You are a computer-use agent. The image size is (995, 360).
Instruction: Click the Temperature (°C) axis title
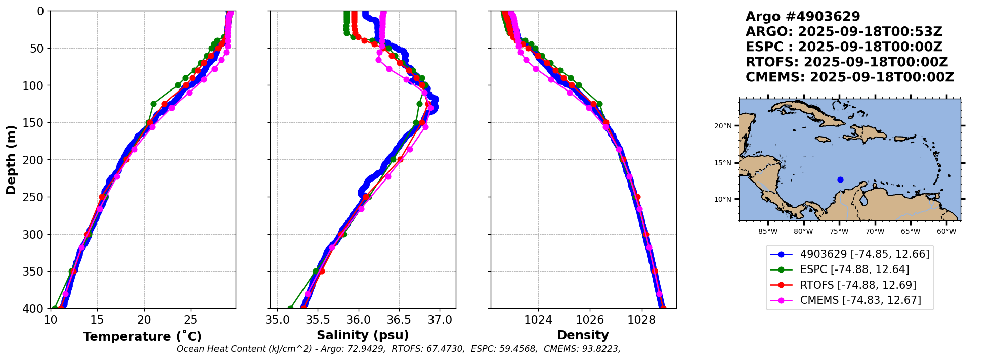point(142,336)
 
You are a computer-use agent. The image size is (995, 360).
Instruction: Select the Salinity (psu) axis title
point(362,335)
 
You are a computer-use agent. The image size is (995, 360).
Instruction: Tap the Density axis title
point(583,335)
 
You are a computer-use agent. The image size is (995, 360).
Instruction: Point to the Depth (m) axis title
point(11,160)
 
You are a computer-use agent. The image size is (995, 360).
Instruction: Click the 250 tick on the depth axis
point(37,197)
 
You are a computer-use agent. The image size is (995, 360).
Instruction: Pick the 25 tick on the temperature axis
point(190,320)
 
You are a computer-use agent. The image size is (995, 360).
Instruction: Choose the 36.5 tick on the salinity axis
point(399,320)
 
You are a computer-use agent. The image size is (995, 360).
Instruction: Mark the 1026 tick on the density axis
point(590,320)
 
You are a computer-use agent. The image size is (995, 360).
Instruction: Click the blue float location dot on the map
point(840,179)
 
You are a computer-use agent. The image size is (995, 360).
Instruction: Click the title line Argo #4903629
point(802,17)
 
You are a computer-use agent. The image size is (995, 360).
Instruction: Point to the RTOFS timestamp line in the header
point(846,62)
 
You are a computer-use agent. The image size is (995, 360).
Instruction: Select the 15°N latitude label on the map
point(723,163)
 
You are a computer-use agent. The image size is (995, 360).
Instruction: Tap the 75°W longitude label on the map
point(839,232)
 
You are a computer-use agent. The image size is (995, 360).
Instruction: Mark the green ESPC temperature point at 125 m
point(153,104)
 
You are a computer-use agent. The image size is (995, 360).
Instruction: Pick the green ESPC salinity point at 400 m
point(290,308)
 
